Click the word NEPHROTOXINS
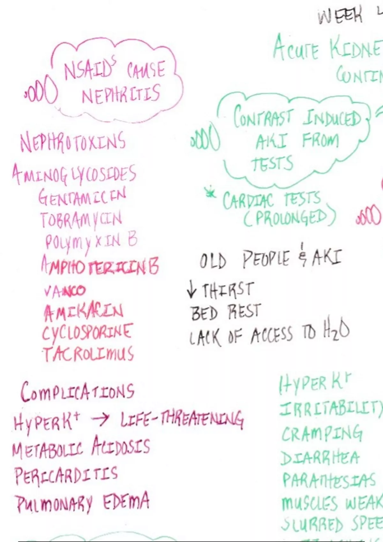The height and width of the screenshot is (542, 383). pyautogui.click(x=73, y=142)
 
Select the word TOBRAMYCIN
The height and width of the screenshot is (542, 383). pyautogui.click(x=81, y=219)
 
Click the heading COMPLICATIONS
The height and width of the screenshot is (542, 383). pyautogui.click(x=78, y=392)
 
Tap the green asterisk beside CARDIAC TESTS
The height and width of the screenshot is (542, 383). pyautogui.click(x=210, y=193)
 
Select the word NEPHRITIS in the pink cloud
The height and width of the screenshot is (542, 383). pyautogui.click(x=121, y=94)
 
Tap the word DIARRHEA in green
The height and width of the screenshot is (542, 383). pyautogui.click(x=320, y=458)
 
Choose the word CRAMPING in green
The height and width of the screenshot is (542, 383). pyautogui.click(x=322, y=434)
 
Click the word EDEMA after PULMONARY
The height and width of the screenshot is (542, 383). pyautogui.click(x=126, y=501)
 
